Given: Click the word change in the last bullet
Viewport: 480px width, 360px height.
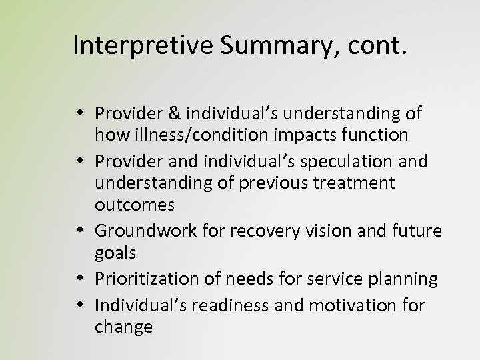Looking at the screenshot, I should pos(123,327).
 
